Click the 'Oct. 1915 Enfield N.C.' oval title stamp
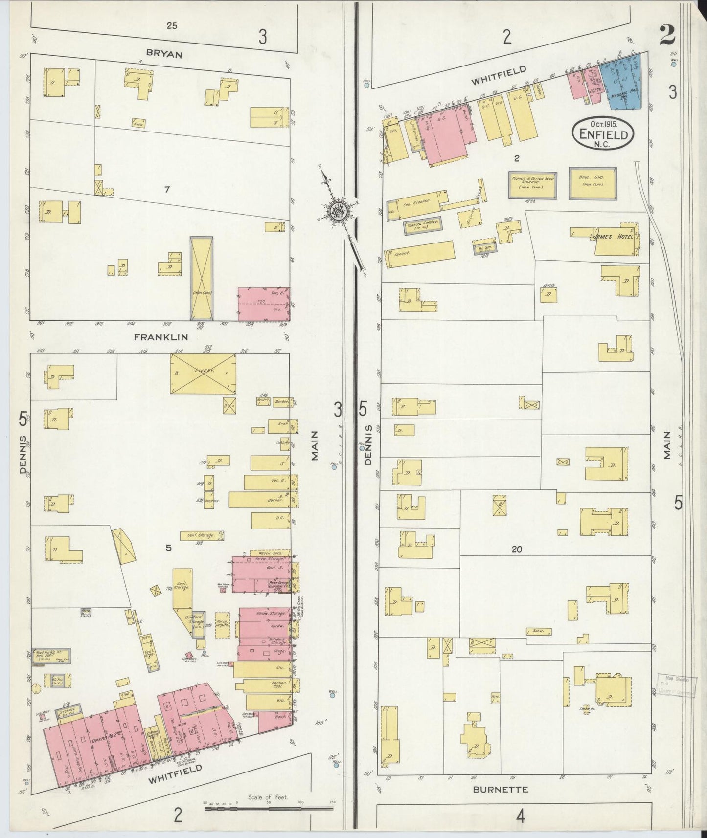[603, 131]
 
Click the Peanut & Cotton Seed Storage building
[532, 185]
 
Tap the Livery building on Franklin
[203, 373]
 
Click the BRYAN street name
[164, 54]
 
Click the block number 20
[517, 550]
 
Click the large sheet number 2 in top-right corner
[667, 34]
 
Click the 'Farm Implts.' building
[223, 625]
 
